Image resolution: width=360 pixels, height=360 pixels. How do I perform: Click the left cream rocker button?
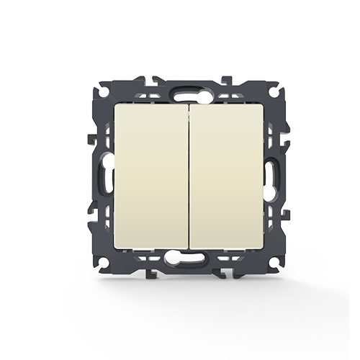tap(149, 177)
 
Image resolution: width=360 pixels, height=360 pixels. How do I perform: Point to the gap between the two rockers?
tap(187, 177)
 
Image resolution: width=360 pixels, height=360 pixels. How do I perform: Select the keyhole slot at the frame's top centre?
tap(186, 93)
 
